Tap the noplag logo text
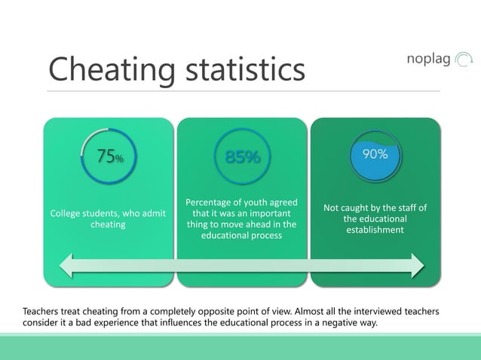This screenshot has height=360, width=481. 428,58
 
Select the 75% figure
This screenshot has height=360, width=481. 109,157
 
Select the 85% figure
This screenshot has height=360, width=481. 241,157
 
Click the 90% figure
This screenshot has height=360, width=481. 375,154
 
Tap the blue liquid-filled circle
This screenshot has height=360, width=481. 375,160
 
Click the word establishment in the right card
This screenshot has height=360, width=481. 375,229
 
